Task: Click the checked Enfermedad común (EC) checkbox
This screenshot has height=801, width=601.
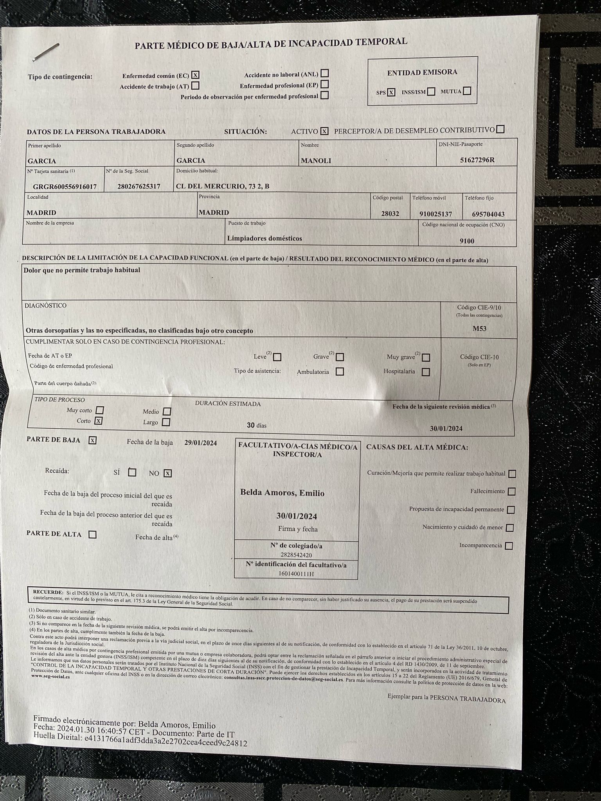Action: point(196,75)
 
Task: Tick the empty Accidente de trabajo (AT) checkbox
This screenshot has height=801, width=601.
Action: point(195,85)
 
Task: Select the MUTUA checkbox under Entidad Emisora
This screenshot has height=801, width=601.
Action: point(467,91)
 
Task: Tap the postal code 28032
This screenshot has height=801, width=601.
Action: point(390,214)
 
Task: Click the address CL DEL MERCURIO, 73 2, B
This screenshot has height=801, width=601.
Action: point(223,186)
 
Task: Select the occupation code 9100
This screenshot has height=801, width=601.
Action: point(467,241)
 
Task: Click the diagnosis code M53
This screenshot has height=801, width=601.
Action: point(479,329)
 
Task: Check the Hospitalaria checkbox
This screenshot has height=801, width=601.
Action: point(426,372)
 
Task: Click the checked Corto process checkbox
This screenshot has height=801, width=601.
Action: point(99,421)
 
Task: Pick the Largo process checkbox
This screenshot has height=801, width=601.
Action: point(166,422)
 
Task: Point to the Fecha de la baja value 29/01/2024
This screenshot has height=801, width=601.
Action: point(200,443)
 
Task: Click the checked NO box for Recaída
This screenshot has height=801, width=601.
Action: point(167,473)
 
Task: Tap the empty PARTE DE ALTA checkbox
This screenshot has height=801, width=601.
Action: point(92,534)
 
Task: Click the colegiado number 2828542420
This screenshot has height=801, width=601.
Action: point(296,555)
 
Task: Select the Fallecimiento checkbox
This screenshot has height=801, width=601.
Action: point(511,492)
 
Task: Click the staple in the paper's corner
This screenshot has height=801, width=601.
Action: point(46,52)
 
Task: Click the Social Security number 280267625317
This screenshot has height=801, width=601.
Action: point(139,187)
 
